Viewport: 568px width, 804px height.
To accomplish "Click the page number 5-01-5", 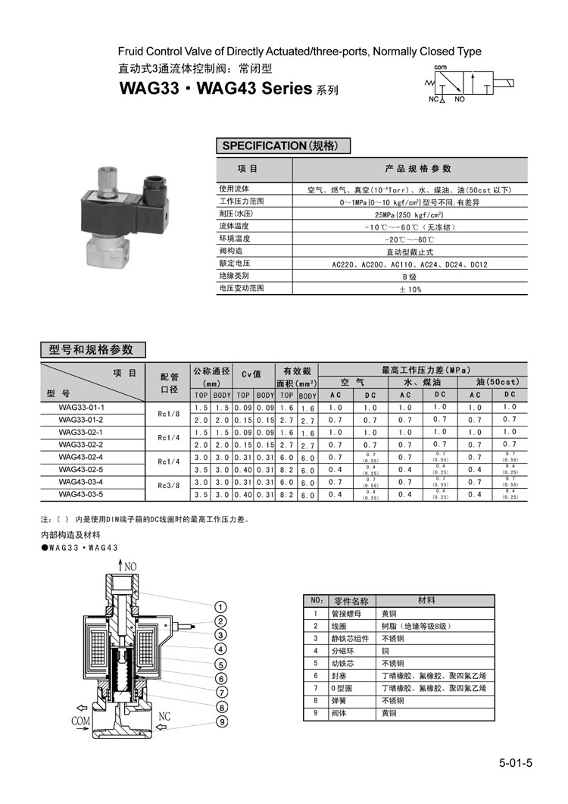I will coord(516,762).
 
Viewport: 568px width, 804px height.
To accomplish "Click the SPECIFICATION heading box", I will coord(277,145).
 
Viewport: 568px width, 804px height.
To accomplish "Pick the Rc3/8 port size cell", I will coord(168,488).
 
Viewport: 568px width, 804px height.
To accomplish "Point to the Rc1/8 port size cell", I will coord(168,414).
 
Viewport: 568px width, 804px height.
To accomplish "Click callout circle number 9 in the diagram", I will coord(222,721).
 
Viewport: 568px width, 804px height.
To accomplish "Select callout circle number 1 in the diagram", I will coord(222,606).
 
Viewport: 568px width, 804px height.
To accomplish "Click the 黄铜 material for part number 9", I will coord(389,713).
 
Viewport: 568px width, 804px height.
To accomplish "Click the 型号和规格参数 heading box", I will coord(91,349).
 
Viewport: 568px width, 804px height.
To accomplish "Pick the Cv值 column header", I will coord(251,373).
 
